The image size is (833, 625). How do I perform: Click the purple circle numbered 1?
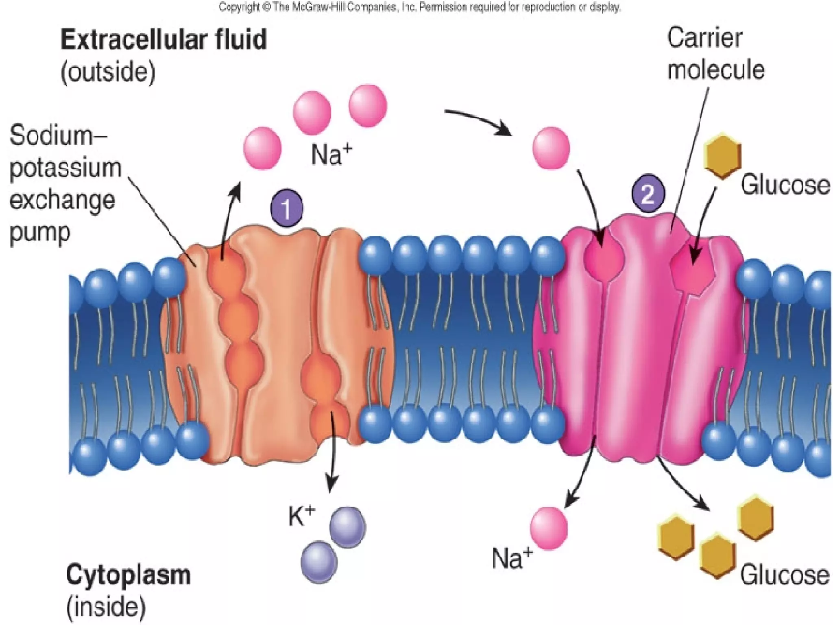point(287,208)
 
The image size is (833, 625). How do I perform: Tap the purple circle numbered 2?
point(648,193)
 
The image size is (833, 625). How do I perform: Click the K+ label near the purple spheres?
point(301,516)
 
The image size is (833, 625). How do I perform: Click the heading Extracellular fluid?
point(164,40)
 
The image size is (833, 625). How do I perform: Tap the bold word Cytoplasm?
point(128,575)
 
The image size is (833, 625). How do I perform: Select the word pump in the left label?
point(40,233)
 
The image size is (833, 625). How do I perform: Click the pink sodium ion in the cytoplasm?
point(549,528)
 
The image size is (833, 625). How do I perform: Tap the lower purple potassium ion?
point(319,562)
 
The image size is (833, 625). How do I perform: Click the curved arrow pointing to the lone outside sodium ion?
point(480,121)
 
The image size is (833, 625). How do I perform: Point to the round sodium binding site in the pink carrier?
point(604,260)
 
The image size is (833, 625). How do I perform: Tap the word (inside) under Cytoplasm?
point(106,606)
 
